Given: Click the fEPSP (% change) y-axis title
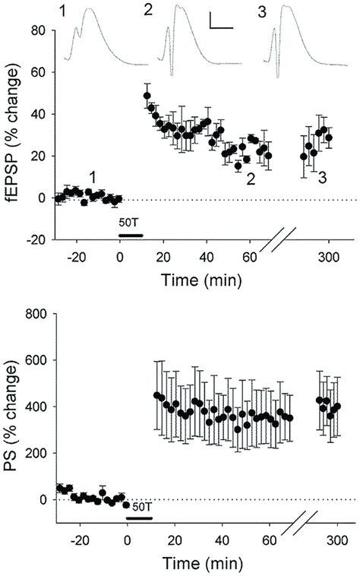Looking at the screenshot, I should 13,135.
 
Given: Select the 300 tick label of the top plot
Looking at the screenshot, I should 328,256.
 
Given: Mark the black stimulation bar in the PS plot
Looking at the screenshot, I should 139,518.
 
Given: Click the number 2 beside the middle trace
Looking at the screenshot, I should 147,10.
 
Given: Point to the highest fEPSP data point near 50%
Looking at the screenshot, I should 147,96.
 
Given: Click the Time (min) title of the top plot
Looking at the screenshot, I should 201,280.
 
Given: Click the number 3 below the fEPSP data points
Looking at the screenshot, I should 323,178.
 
